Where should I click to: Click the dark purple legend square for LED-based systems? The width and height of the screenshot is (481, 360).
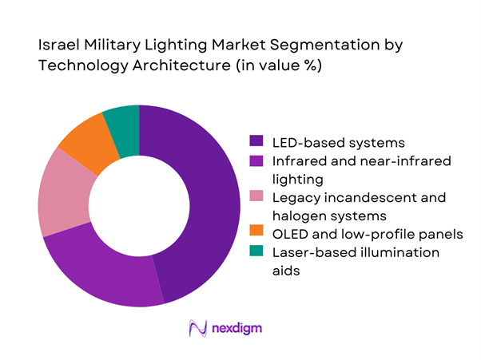258,143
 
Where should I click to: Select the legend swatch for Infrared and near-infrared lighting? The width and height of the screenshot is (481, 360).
258,161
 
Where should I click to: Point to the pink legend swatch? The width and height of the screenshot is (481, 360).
258,197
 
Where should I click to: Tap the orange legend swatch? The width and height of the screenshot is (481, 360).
258,234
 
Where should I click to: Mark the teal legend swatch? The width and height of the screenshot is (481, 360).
258,252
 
